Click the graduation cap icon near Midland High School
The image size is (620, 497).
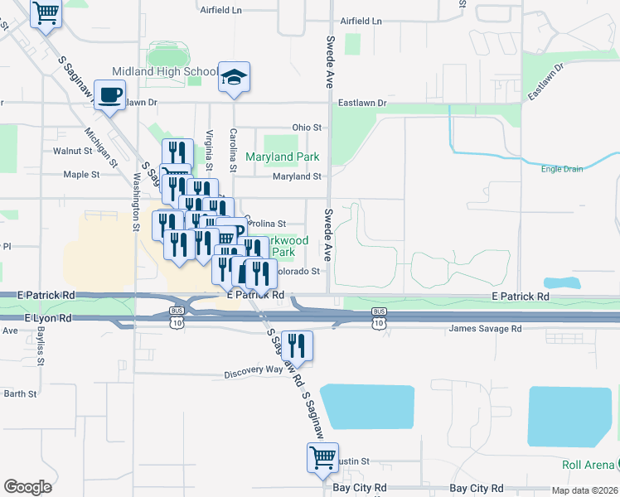point(235,78)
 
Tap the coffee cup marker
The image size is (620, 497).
point(109,95)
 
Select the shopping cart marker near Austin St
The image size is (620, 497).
point(322,457)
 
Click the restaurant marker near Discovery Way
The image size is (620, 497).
point(296,345)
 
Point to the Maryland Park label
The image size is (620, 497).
point(283,157)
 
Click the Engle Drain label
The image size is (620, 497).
point(562,169)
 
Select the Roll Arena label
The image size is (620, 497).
point(589,465)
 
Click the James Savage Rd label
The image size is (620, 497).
point(485,329)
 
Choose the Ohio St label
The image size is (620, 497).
point(306,128)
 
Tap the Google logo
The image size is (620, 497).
point(27,486)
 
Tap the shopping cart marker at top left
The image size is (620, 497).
point(46,12)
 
